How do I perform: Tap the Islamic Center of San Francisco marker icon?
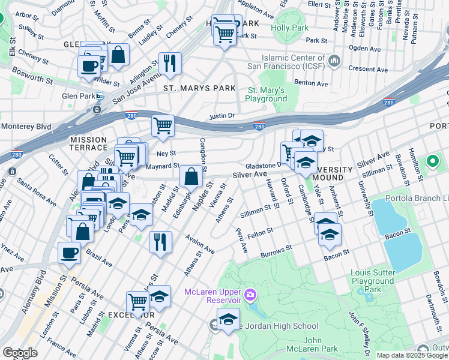(335, 60)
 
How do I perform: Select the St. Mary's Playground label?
(267, 94)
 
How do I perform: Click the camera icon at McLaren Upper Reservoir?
(251, 295)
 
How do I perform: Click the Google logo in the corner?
(20, 353)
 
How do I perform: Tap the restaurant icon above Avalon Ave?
(160, 242)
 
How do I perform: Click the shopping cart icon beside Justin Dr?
(163, 126)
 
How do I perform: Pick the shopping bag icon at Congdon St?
(191, 176)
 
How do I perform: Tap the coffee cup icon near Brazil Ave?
(69, 253)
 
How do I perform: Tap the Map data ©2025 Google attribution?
(411, 355)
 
